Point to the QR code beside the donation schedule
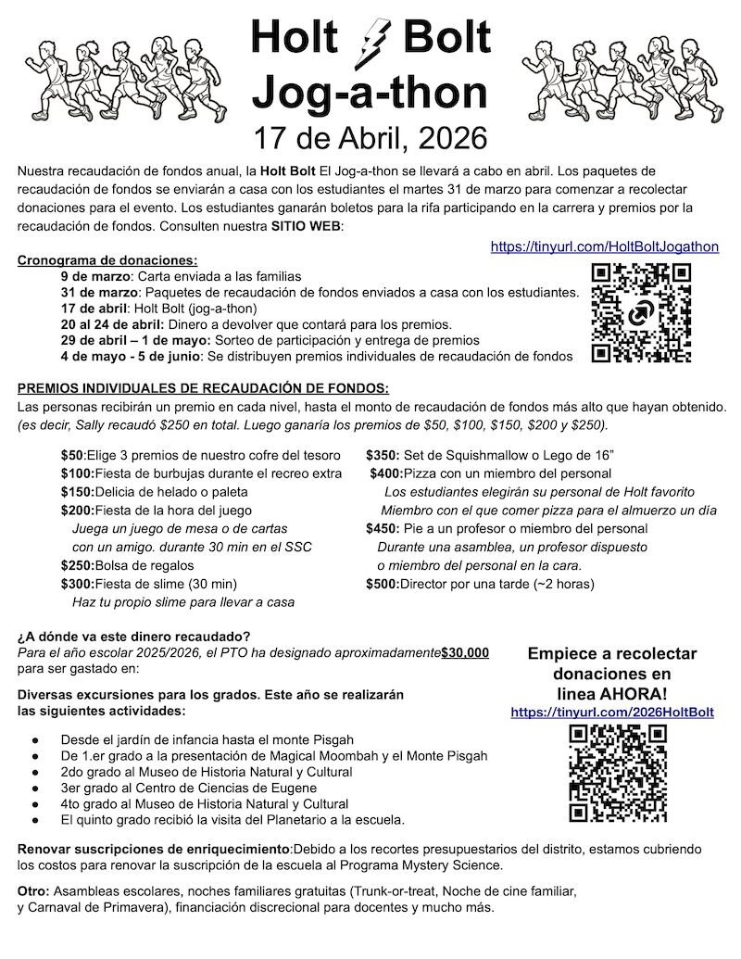click(641, 313)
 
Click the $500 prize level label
click(382, 584)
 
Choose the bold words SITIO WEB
click(307, 227)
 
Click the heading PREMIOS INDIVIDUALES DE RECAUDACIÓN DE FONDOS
click(203, 387)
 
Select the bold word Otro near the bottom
click(33, 890)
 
